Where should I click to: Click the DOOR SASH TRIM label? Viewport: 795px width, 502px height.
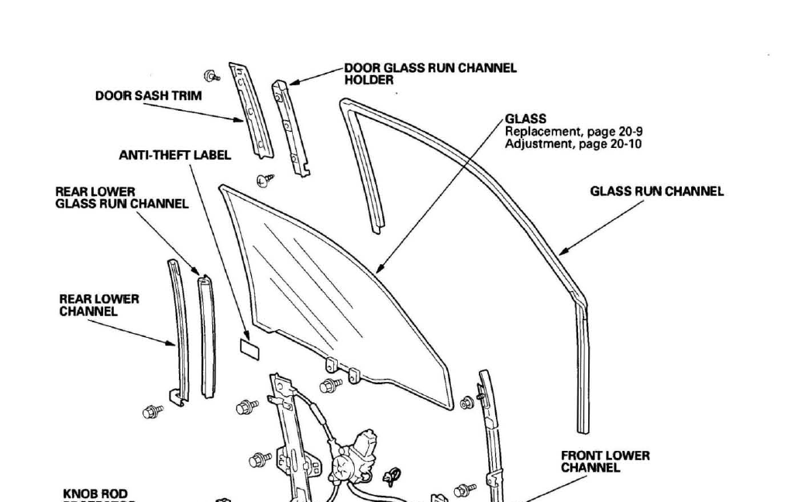tap(148, 96)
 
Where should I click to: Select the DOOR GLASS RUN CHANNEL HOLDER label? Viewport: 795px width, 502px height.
tap(430, 74)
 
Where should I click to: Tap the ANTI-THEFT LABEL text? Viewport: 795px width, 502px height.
tap(174, 155)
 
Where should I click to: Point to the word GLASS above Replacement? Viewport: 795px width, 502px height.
tap(525, 119)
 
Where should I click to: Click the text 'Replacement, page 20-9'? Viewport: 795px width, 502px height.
tap(573, 132)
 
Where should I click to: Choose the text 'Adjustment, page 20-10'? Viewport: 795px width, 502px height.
tap(573, 143)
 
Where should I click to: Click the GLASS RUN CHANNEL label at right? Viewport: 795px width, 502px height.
tap(656, 191)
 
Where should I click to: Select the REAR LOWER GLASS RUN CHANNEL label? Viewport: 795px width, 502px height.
tap(122, 198)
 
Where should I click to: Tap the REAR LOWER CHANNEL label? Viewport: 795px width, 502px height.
tap(99, 304)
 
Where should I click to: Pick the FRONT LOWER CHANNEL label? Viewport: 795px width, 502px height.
tap(605, 462)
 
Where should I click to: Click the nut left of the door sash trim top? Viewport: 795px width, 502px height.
tap(210, 76)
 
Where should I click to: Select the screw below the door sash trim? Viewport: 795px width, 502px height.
tap(266, 181)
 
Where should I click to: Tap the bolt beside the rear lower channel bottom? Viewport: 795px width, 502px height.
tap(153, 411)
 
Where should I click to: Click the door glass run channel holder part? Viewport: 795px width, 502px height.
tap(291, 124)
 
